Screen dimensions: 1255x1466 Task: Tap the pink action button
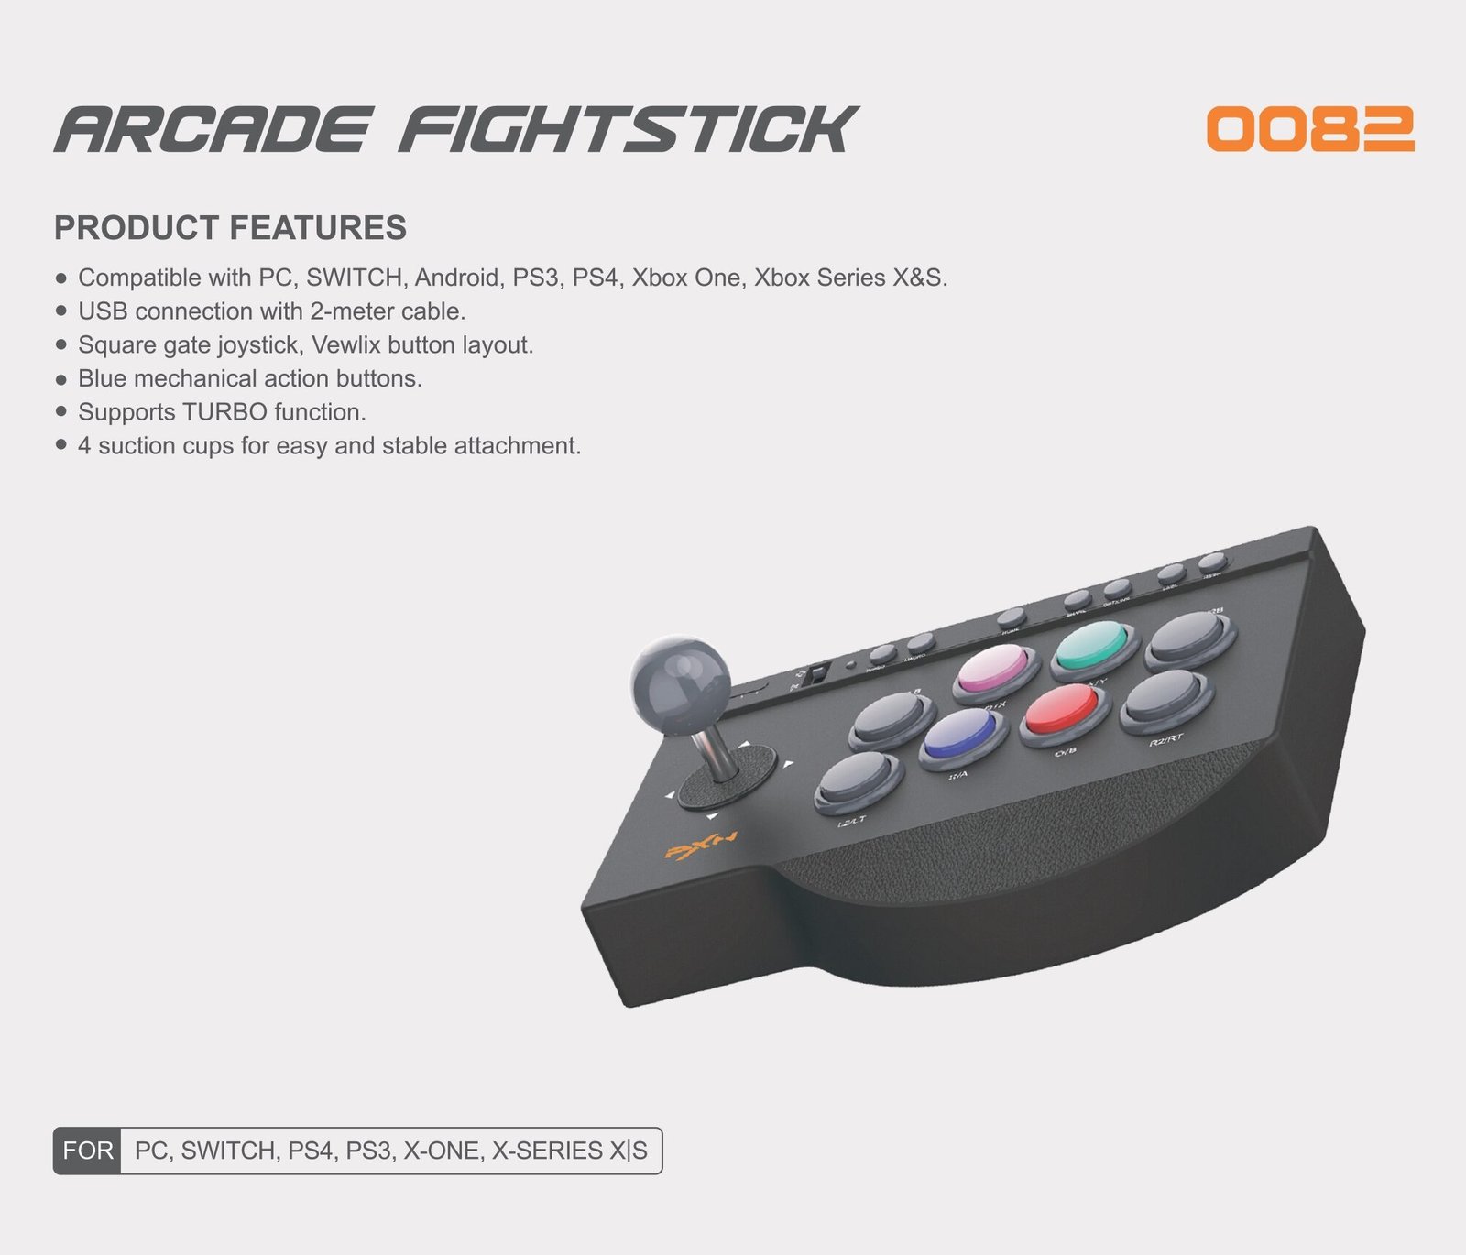993,667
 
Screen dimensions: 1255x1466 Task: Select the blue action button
959,734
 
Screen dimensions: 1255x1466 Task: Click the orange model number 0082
1310,129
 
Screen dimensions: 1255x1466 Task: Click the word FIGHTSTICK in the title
628,129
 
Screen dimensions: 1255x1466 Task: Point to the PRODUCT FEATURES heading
230,228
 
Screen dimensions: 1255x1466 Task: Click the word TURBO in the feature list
224,412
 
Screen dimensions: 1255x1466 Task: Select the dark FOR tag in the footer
88,1151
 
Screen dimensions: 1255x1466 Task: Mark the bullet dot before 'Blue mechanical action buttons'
61,378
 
